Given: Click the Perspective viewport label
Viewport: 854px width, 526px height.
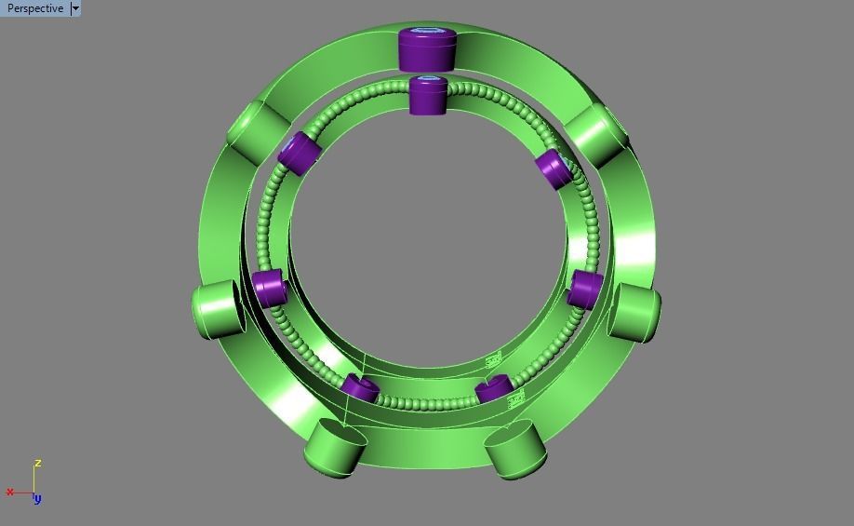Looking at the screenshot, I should pos(35,8).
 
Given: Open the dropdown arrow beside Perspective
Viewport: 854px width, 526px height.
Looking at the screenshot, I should pos(75,8).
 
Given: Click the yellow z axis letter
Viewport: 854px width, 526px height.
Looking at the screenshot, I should pos(37,463).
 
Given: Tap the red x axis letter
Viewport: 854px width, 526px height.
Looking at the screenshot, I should pos(10,492).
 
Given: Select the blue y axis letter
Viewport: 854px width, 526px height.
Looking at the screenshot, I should pos(37,499).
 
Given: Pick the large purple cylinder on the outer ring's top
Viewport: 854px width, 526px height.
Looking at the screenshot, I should pos(428,50).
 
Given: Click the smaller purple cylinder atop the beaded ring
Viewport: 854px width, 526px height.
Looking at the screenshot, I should pos(429,96).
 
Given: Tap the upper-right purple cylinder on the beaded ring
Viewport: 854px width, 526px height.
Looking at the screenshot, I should pos(554,169).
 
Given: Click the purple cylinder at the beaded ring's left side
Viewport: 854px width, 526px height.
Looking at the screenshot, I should pos(268,288).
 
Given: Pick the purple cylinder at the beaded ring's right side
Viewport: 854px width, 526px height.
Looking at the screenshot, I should pos(586,289).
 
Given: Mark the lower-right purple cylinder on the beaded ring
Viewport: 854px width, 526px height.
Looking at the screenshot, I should pos(492,389).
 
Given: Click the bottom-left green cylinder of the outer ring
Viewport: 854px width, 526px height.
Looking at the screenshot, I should pos(333,448).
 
